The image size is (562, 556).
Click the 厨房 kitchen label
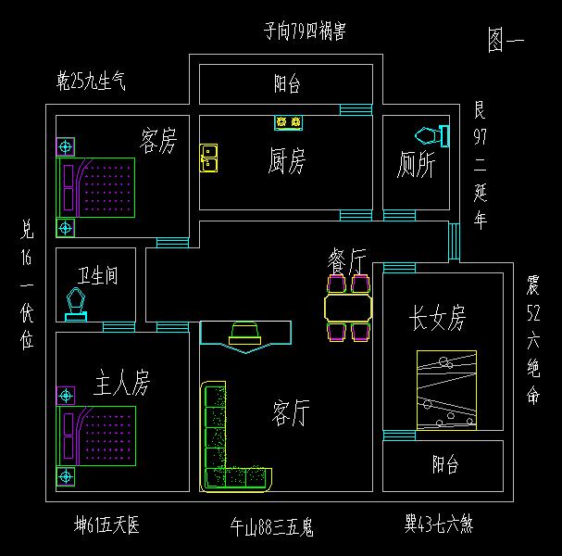coord(286,161)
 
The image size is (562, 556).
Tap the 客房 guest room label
coord(157,141)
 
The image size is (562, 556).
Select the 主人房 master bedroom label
coord(121,381)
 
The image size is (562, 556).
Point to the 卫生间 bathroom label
coord(97,276)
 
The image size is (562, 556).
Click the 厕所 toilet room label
coord(416,165)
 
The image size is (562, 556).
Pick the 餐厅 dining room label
coord(348,259)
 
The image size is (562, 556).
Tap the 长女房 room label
coord(438,319)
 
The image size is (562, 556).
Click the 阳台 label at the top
coord(287,85)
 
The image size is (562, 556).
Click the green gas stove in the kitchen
coord(288,122)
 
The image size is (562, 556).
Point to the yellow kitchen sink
coord(209,158)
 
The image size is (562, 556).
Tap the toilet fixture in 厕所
coord(431,135)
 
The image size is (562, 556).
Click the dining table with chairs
coord(348,307)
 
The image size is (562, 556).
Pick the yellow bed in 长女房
coord(446,389)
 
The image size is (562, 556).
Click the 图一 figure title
coord(506,40)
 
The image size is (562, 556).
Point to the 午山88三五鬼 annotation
coord(272,527)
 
